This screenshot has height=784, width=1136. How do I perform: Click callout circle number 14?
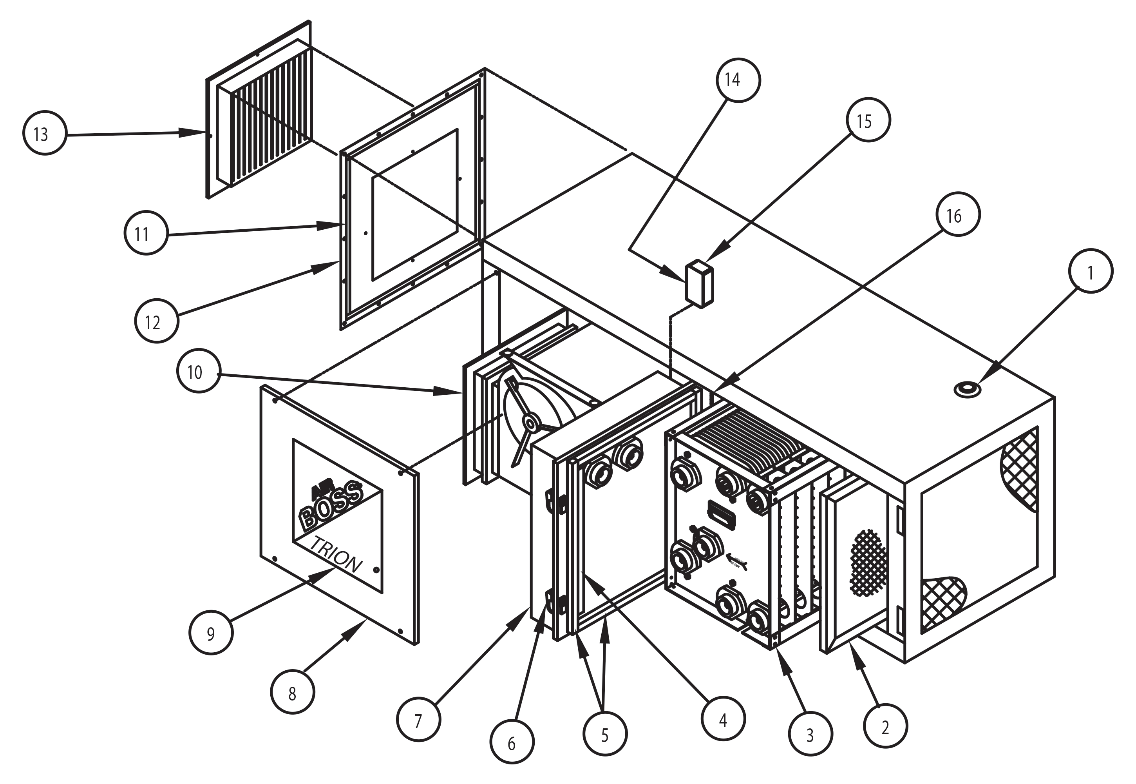point(738,80)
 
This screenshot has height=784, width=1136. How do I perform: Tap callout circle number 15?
point(868,120)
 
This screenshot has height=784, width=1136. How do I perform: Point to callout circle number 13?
point(45,133)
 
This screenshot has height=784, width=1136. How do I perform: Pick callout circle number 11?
point(146,233)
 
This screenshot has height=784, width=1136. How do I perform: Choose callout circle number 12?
point(157,321)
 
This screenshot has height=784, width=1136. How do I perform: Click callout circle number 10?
point(198,370)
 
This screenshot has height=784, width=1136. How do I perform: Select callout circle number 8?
point(293,692)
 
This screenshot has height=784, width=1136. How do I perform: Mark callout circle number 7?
point(419,720)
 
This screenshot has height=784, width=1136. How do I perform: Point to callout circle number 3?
point(810,734)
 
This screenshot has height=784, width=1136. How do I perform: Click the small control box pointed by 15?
point(699,285)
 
